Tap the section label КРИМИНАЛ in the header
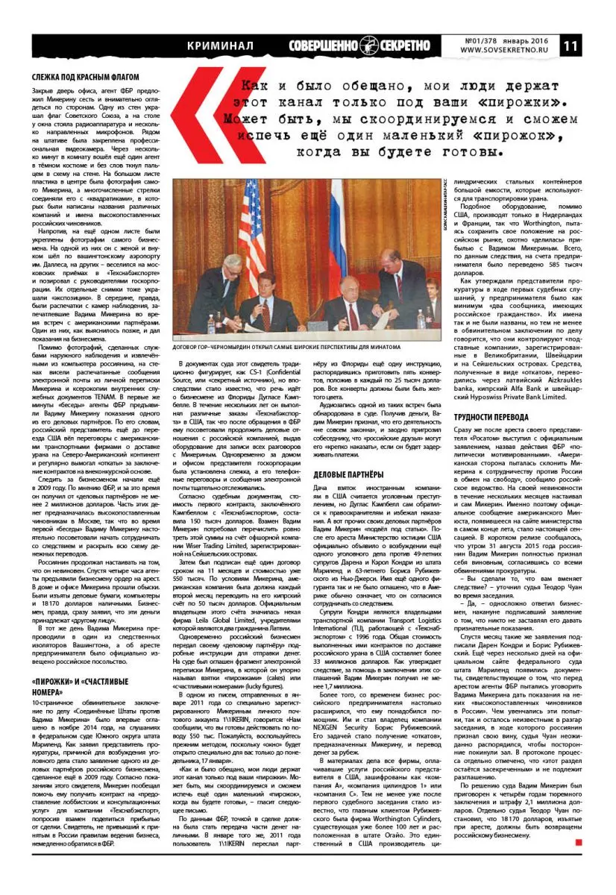pyautogui.click(x=221, y=45)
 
